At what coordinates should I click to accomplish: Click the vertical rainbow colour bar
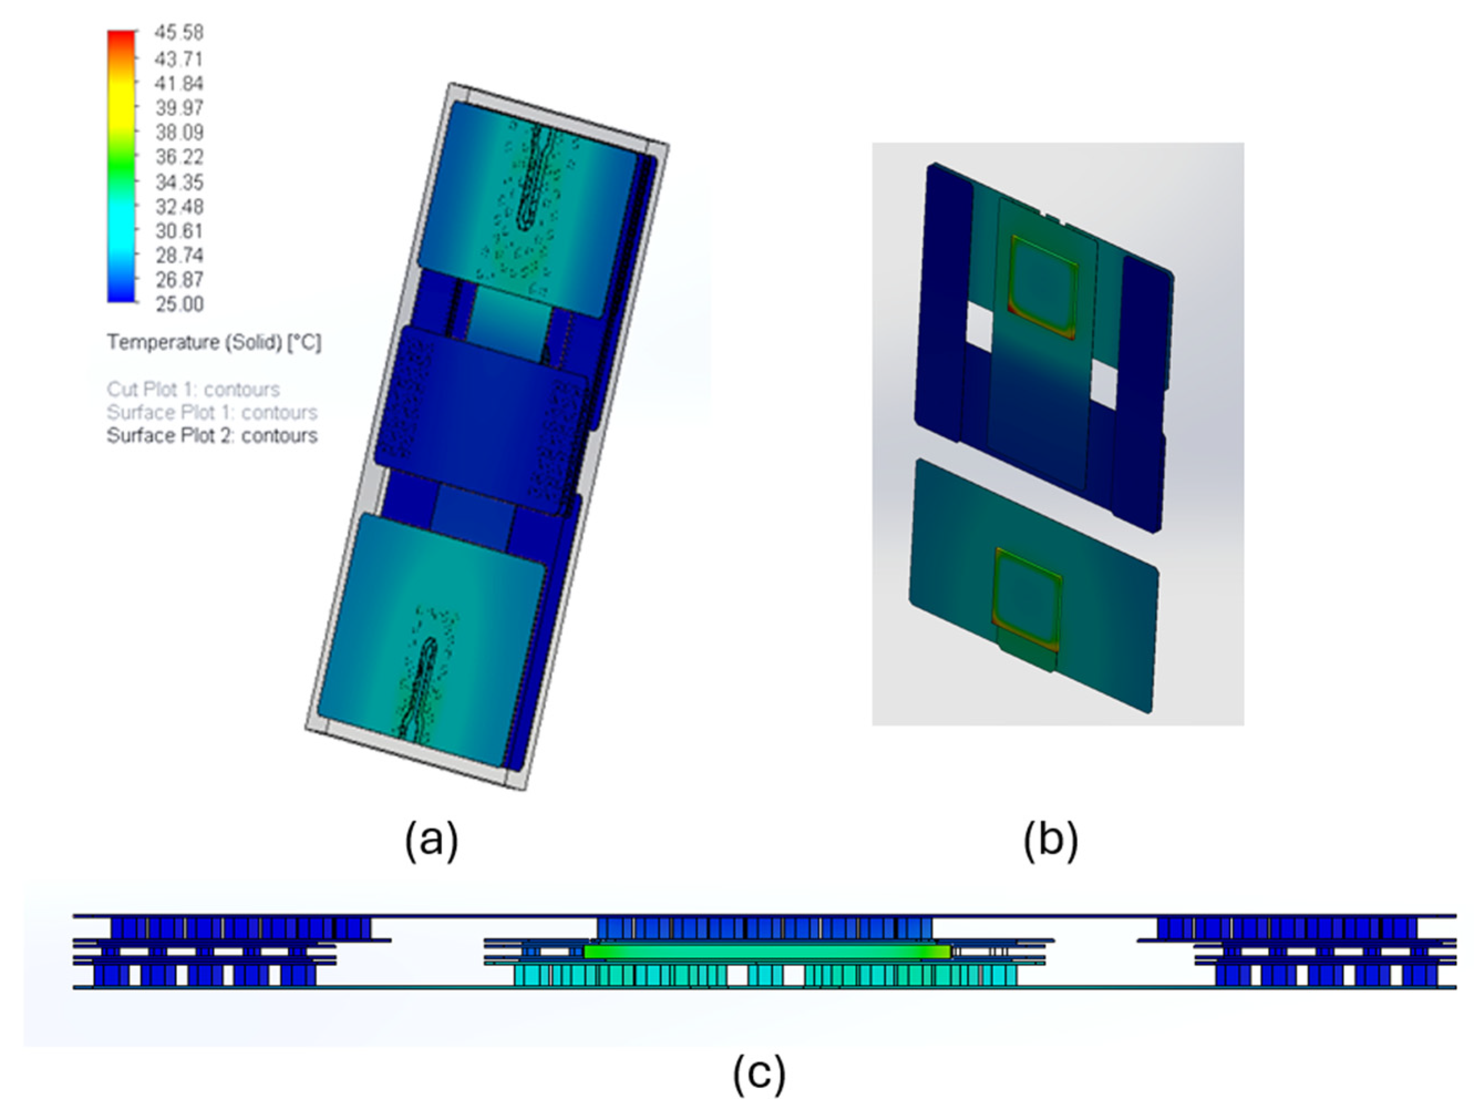(121, 166)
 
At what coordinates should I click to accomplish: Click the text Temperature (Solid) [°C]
(214, 343)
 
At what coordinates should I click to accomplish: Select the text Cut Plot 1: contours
(193, 389)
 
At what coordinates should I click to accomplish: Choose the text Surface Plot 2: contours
(212, 435)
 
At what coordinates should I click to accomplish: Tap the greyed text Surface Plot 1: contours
(212, 412)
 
